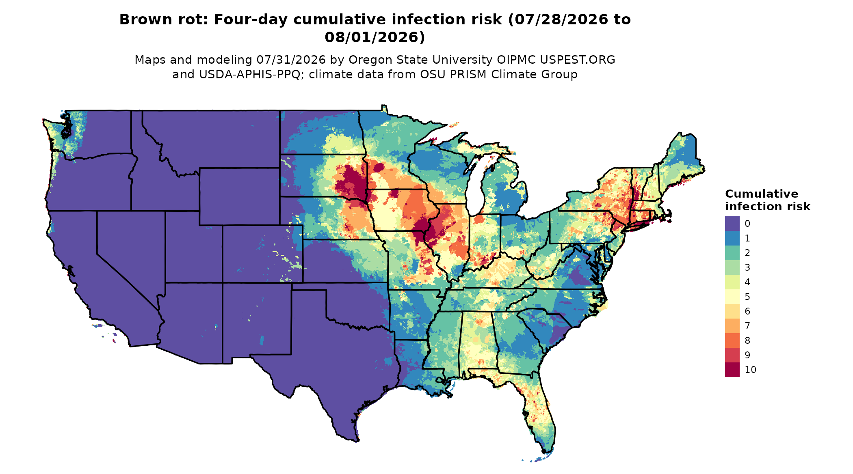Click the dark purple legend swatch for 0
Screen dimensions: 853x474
tap(732, 224)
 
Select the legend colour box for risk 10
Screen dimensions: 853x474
tap(732, 370)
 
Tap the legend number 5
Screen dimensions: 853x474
tap(747, 297)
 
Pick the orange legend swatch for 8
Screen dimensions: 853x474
tap(732, 340)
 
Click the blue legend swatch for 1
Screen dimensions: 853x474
tap(732, 238)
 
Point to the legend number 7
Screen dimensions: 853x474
tap(747, 326)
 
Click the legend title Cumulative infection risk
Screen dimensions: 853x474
tap(767, 200)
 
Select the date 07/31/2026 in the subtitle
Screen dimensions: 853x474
tap(291, 60)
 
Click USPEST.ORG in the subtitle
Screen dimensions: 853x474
tap(577, 60)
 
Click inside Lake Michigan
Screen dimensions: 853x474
tap(473, 191)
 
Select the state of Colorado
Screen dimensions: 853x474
tap(262, 254)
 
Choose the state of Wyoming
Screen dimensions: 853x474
tap(239, 196)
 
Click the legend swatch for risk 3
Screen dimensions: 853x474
tap(732, 267)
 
